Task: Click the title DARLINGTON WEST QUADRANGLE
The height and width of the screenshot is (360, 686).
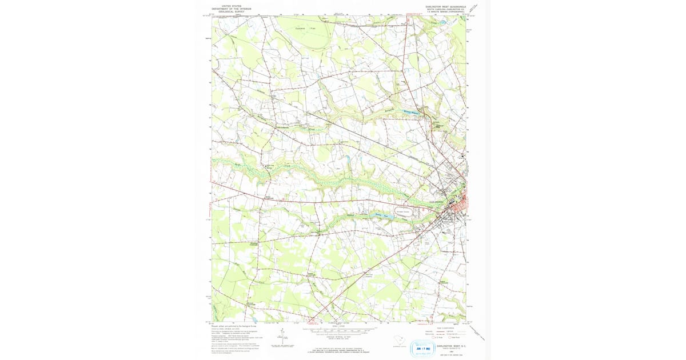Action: pyautogui.click(x=445, y=6)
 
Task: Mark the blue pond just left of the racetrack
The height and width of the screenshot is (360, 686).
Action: pyautogui.click(x=381, y=215)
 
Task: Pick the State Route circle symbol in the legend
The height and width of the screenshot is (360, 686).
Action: pyautogui.click(x=450, y=339)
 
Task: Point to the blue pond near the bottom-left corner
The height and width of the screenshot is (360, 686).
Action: pyautogui.click(x=253, y=320)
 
